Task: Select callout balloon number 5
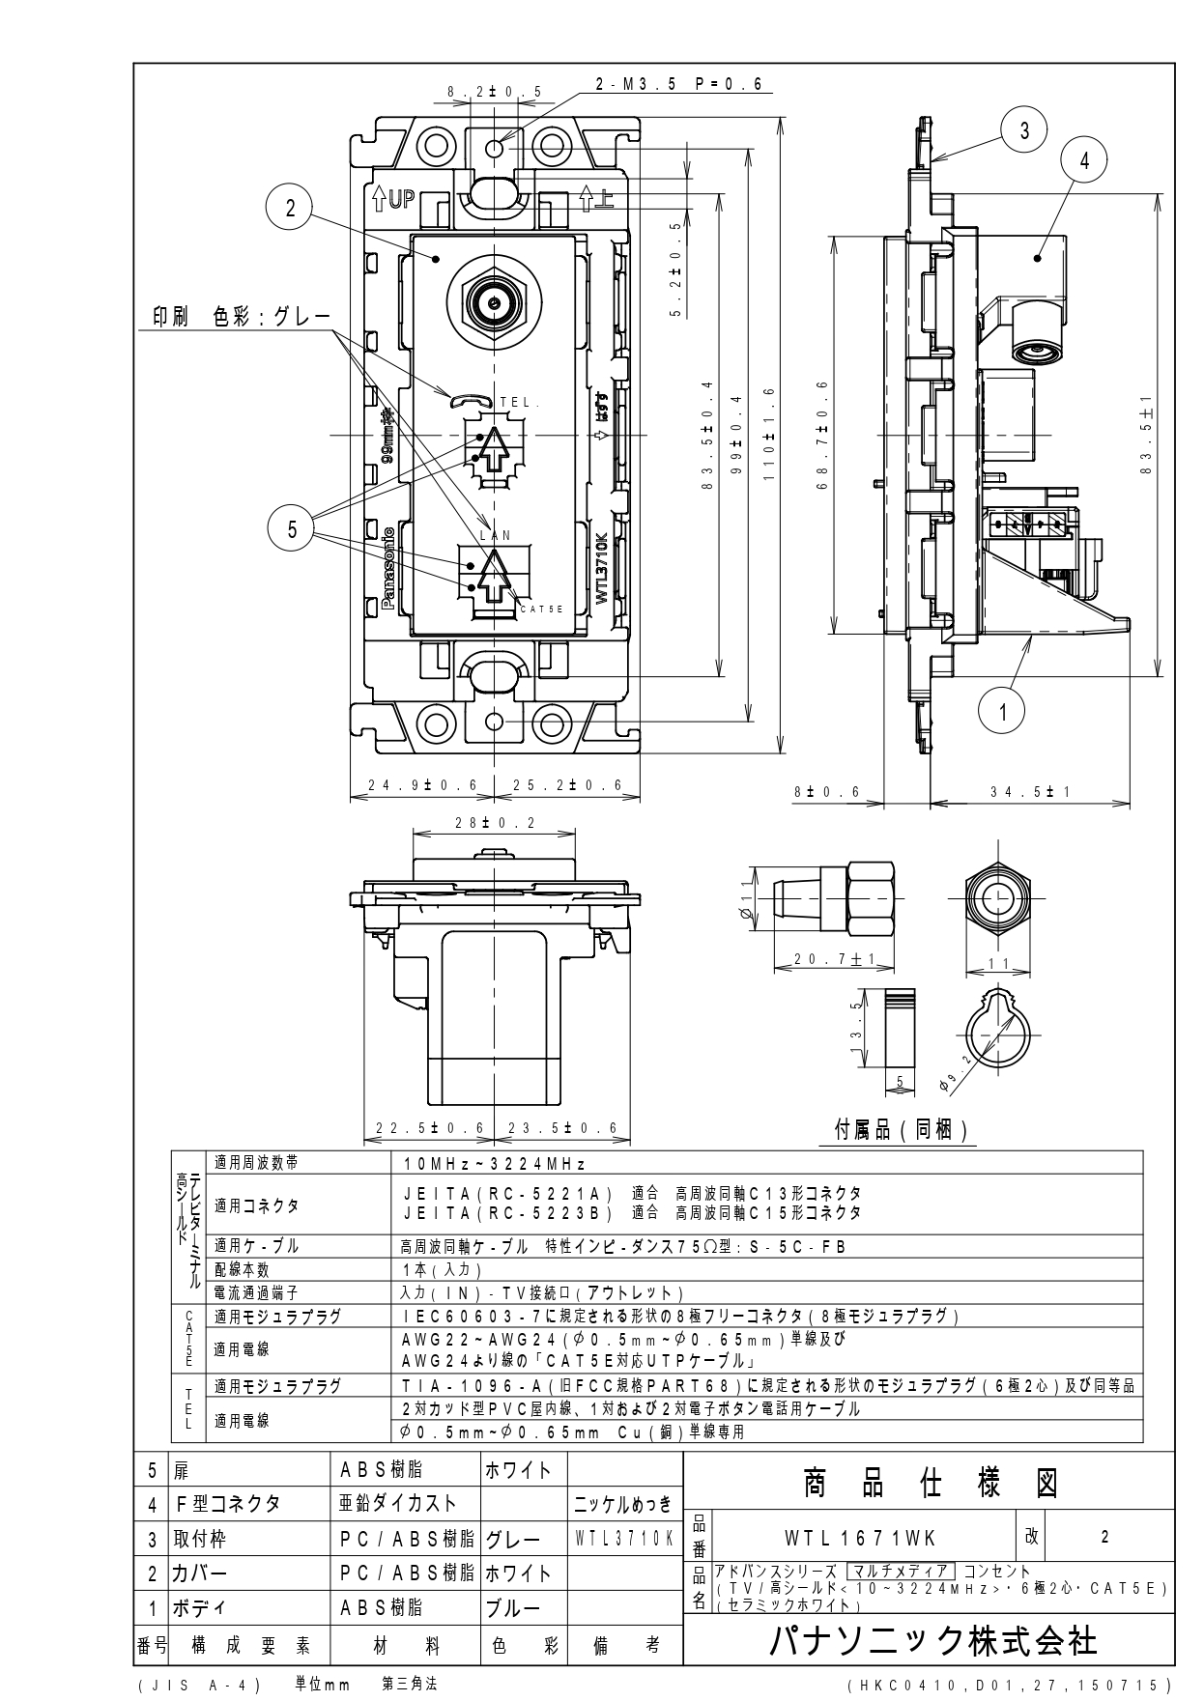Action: coord(292,528)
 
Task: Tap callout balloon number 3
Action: coord(1025,130)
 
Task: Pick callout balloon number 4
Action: coord(1084,161)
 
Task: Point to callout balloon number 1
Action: coord(1003,713)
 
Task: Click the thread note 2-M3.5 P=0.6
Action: coord(678,85)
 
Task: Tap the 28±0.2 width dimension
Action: coord(494,823)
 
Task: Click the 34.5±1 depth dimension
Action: coord(1030,792)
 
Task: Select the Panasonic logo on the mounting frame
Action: coord(389,569)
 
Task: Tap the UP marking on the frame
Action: coord(393,200)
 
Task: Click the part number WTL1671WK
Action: coord(860,1537)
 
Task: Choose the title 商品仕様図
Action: coord(929,1483)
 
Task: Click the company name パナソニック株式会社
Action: coord(932,1641)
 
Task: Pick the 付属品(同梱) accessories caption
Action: coord(901,1130)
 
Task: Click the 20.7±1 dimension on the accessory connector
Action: coord(832,959)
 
